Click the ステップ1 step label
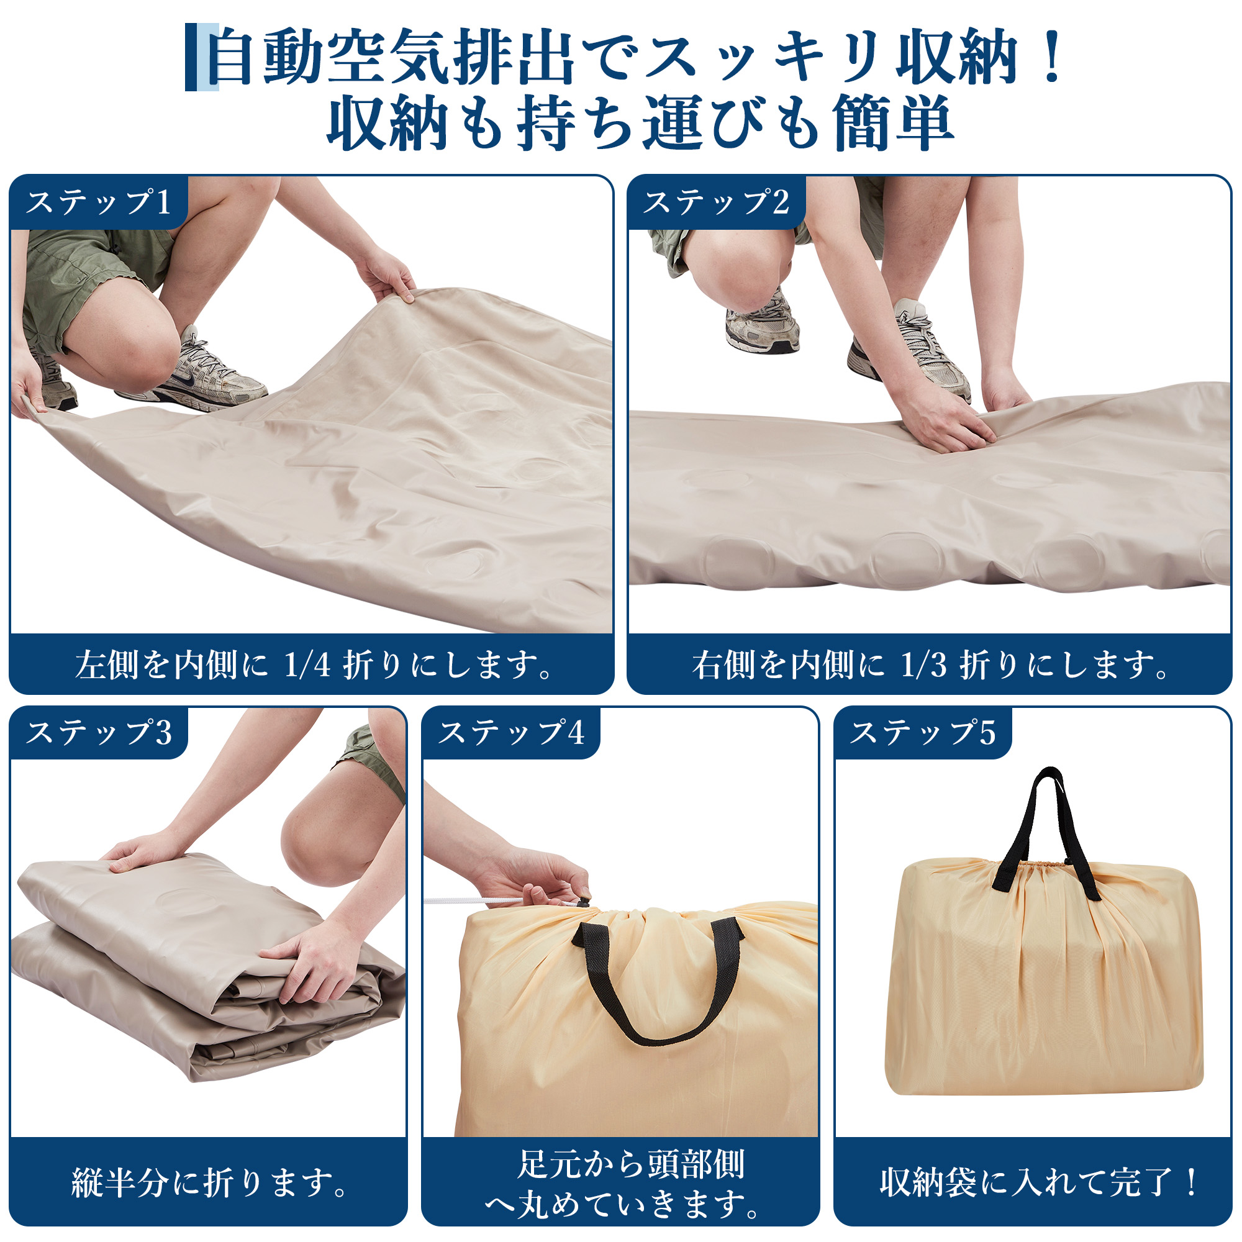coord(98,202)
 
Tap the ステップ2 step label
coord(716,202)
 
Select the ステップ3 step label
coord(98,732)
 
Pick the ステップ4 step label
coord(511,732)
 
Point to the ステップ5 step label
coord(923,732)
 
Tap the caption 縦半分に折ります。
coord(209,1182)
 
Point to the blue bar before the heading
coord(202,57)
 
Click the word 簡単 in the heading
coord(894,122)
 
